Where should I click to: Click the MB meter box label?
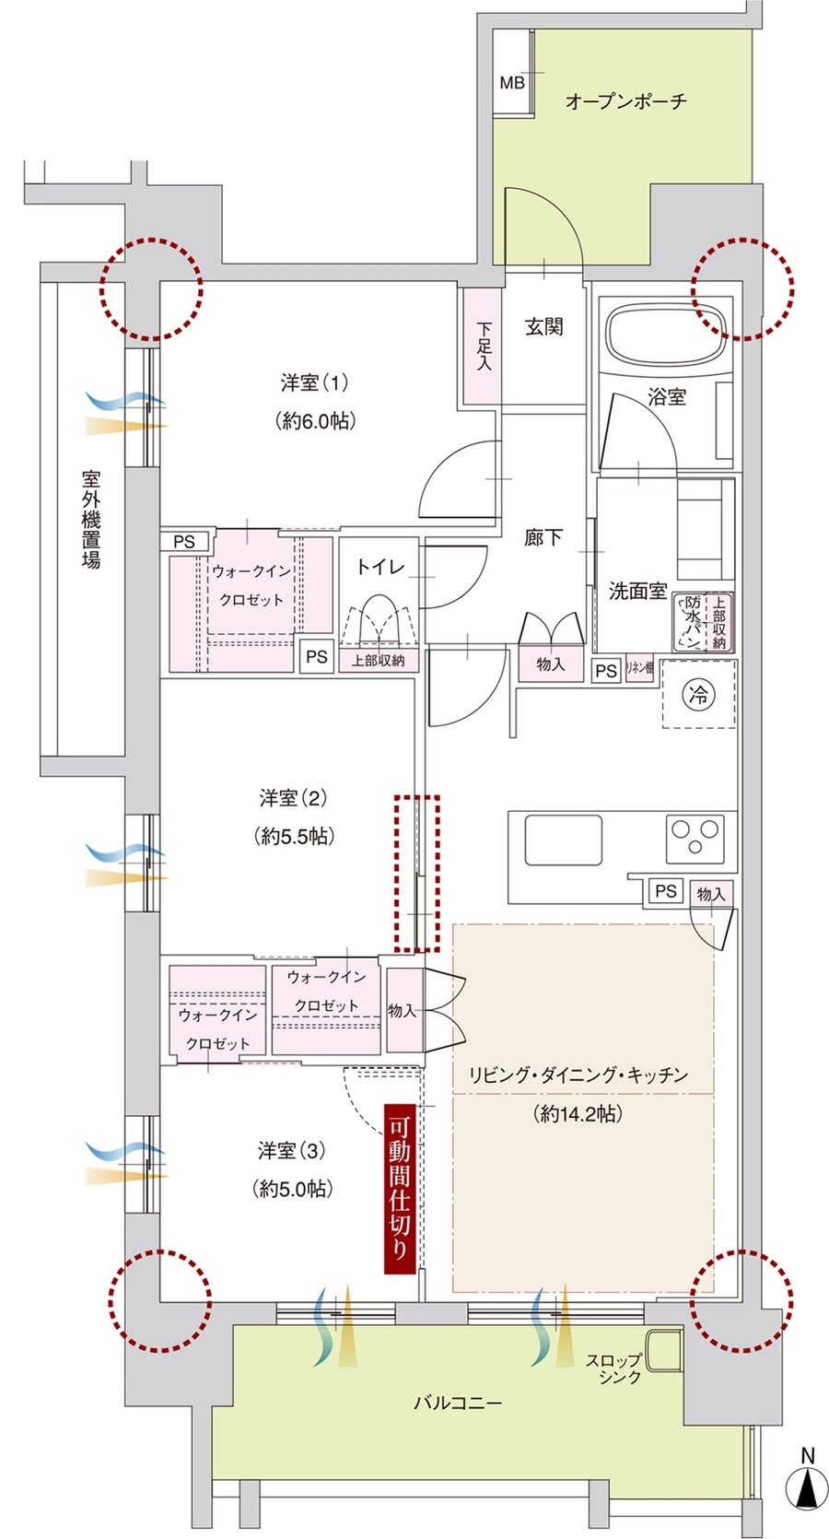[512, 83]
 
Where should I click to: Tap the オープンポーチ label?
[625, 100]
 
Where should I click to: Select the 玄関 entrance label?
[543, 326]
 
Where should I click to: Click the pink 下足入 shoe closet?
[483, 347]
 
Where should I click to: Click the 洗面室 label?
[637, 592]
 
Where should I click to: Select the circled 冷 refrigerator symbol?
[699, 695]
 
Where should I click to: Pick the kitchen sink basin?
[563, 840]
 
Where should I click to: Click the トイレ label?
[380, 566]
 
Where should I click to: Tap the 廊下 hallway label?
[543, 536]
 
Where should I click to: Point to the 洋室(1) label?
[315, 382]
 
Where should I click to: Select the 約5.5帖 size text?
[294, 836]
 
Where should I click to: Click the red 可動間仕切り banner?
[400, 1189]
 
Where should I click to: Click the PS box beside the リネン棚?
[606, 671]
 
